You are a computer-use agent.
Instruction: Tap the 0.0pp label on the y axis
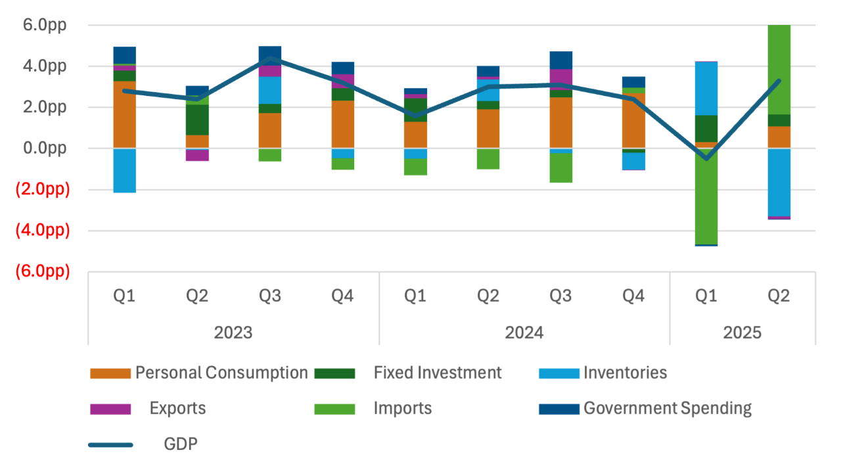tap(42, 148)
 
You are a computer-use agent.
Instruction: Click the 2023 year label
tap(233, 332)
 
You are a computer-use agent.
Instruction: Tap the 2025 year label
tap(742, 332)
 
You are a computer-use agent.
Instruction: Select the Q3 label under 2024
tap(560, 296)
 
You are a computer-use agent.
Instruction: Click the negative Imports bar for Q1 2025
tap(706, 197)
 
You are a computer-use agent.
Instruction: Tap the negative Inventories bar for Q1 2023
tap(125, 171)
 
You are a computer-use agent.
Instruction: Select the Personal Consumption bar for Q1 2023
tap(125, 115)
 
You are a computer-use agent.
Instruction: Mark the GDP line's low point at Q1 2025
tap(706, 158)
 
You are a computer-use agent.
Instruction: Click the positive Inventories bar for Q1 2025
tap(706, 88)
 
